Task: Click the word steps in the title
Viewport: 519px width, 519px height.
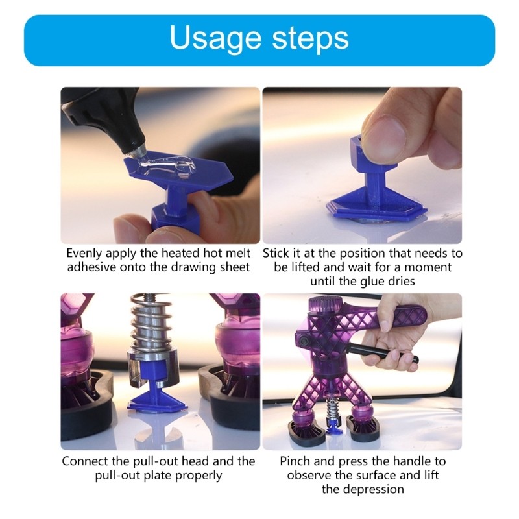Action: [306, 40]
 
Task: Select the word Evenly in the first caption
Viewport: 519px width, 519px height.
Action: [86, 253]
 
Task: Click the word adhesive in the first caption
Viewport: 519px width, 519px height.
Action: [92, 267]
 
